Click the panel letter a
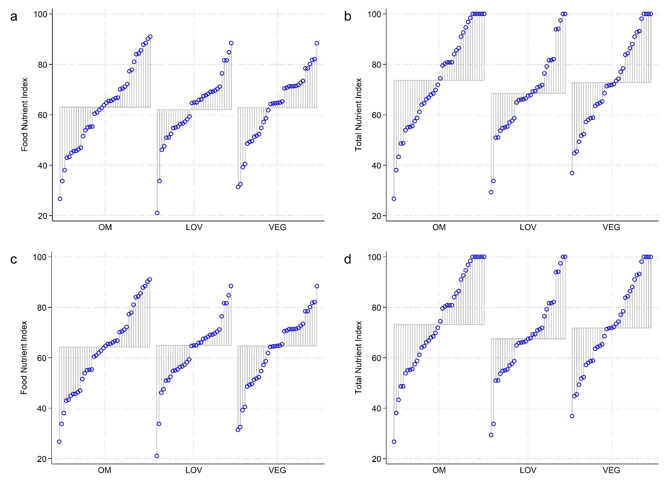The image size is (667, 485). [x=14, y=16]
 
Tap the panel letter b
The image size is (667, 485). [x=348, y=16]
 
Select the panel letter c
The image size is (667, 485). [x=14, y=259]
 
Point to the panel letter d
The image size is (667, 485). [x=348, y=259]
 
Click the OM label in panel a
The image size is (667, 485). [x=105, y=227]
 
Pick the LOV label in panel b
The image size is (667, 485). [x=528, y=227]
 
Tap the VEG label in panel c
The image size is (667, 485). [x=277, y=470]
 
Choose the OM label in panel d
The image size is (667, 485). [x=439, y=470]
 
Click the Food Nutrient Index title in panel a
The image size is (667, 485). [x=25, y=115]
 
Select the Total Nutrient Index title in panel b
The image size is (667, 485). [x=359, y=115]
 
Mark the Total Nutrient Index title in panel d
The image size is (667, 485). [x=359, y=357]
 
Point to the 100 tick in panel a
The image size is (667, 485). [x=41, y=14]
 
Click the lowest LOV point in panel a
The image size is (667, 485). [x=157, y=213]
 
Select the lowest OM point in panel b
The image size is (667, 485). [x=394, y=199]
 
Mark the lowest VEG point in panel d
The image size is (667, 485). [x=572, y=416]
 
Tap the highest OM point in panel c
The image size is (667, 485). [x=150, y=279]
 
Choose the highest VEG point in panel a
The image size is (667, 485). [x=317, y=43]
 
